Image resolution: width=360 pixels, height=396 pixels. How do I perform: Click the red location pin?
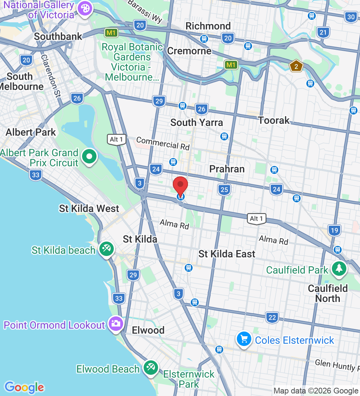[x=180, y=186]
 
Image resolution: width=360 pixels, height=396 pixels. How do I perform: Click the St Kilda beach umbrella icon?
[x=107, y=249]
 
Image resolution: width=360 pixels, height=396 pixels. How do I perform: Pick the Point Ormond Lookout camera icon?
[x=116, y=323]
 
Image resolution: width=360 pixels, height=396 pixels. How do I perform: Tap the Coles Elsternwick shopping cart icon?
[x=244, y=339]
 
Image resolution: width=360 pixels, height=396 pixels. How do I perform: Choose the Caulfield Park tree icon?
[x=339, y=268]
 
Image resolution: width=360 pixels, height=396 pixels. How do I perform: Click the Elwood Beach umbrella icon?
[x=150, y=368]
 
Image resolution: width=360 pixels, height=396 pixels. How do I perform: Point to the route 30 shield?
[x=351, y=16]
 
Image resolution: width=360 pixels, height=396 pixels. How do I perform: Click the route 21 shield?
[x=323, y=32]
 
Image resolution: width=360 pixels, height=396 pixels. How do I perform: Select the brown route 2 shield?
[x=296, y=66]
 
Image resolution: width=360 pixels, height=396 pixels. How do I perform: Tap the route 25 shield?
[x=224, y=189]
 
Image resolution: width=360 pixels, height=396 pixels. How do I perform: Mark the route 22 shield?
[x=273, y=318]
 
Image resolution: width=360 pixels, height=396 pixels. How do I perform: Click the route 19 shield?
[x=334, y=230]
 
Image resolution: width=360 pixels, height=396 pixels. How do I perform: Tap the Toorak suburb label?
[x=274, y=120]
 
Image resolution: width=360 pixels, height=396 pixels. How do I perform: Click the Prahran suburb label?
[x=227, y=169]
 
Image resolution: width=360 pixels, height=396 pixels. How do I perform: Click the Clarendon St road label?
[x=51, y=76]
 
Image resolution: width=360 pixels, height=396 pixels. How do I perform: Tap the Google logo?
[x=24, y=387]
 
